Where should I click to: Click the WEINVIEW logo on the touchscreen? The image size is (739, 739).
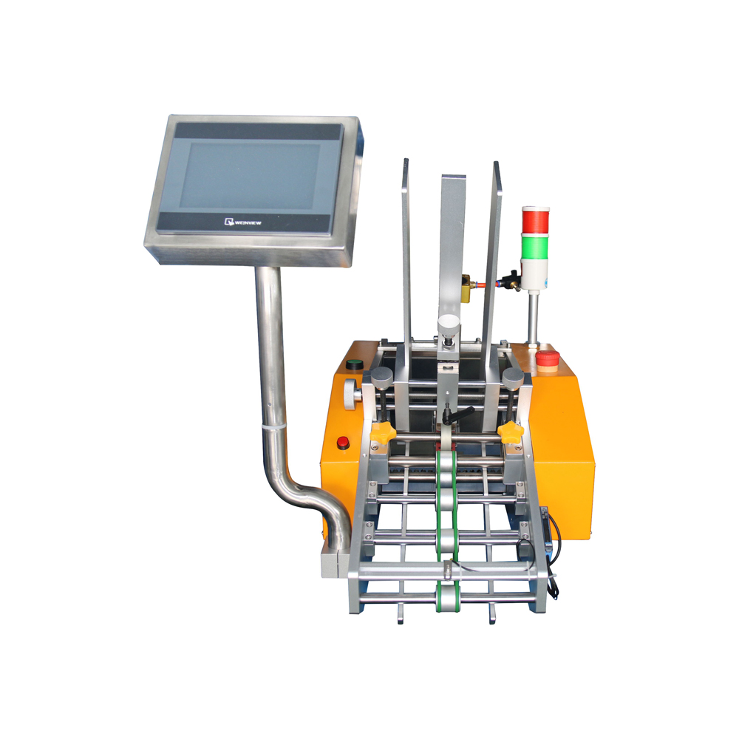(x=242, y=222)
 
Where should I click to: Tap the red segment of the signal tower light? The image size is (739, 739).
(x=535, y=220)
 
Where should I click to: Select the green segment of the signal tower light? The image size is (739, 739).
(x=535, y=246)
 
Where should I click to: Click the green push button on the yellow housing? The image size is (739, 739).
(x=355, y=364)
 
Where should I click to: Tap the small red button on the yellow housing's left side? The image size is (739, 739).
(x=343, y=443)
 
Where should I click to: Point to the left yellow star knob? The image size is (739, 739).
(x=382, y=432)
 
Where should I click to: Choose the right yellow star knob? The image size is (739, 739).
(x=511, y=432)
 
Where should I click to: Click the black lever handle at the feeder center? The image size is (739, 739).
(x=457, y=415)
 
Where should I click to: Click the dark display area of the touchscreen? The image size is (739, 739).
(x=249, y=175)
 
